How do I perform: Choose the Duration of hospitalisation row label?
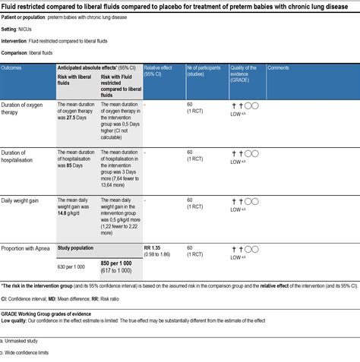click(26, 156)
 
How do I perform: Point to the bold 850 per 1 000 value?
click(119, 263)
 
